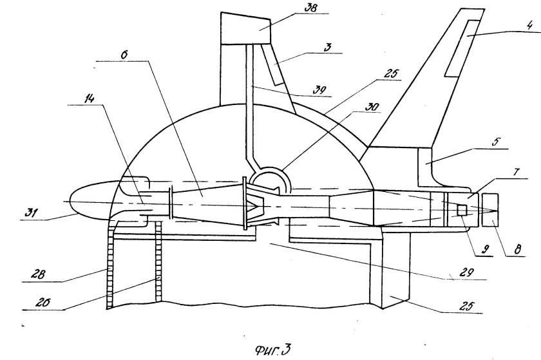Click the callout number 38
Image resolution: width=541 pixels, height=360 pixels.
pyautogui.click(x=310, y=8)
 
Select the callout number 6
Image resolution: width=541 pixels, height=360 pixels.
pyautogui.click(x=124, y=55)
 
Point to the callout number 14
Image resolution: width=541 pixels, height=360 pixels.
pyautogui.click(x=89, y=99)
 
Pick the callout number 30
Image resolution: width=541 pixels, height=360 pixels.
pyautogui.click(x=373, y=107)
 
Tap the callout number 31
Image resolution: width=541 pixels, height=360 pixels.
pyautogui.click(x=31, y=213)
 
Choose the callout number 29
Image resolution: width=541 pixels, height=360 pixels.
pyautogui.click(x=467, y=272)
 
